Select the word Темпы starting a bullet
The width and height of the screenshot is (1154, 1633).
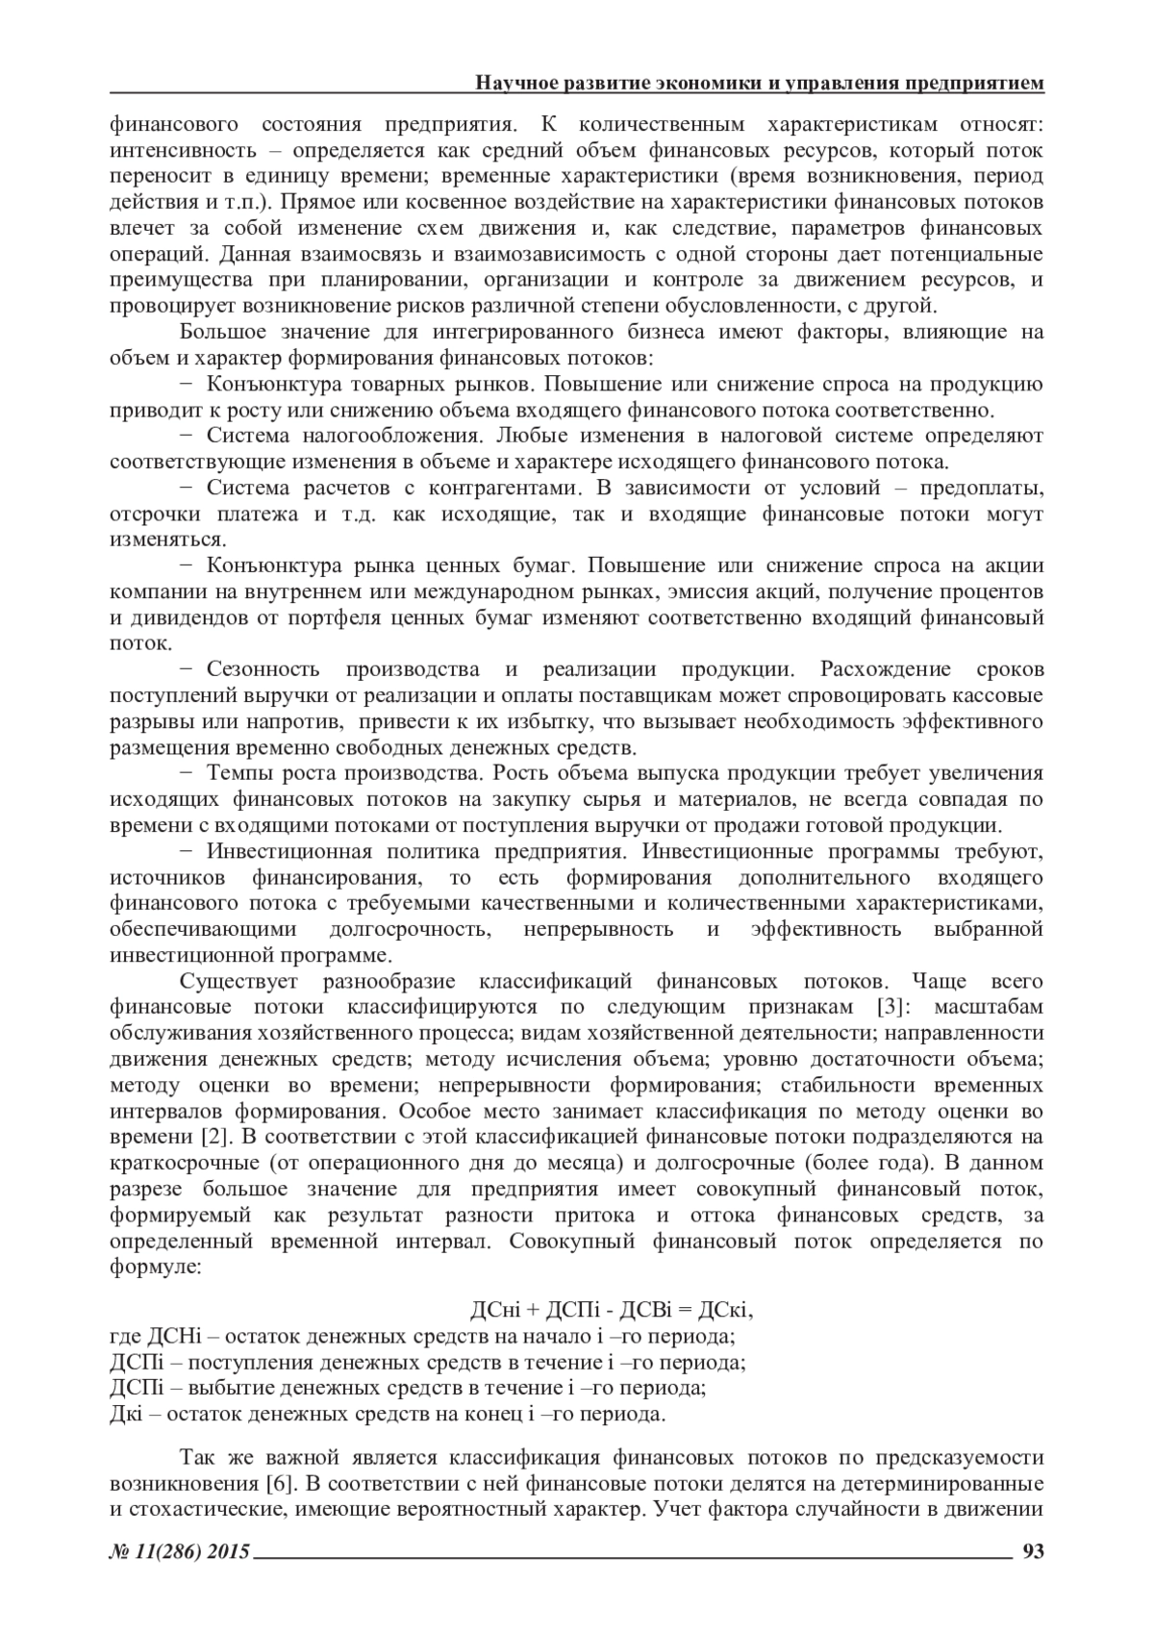[239, 773]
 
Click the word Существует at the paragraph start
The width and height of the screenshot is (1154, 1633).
[239, 981]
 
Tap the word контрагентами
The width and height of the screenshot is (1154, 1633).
[480, 488]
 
